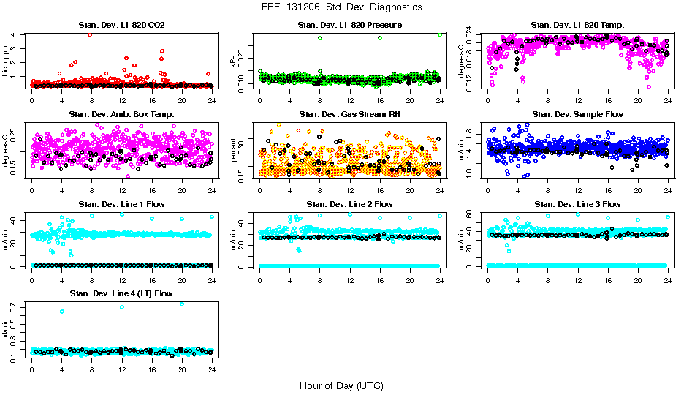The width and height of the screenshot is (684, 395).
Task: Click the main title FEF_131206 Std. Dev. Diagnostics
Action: coord(341,7)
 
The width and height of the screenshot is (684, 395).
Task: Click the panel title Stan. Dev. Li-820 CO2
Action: coord(121,26)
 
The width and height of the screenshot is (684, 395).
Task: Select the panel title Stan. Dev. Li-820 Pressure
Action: coord(350,26)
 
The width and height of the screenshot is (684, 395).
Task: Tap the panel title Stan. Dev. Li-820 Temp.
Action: coord(577,26)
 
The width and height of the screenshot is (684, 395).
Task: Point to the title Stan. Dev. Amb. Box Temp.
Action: coord(121,115)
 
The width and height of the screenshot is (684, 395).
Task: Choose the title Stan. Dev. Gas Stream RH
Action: coord(350,115)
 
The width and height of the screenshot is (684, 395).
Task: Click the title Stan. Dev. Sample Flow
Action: coord(577,115)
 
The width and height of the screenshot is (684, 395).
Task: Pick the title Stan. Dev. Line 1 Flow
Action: coord(121,204)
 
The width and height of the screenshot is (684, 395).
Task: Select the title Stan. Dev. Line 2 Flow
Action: coord(350,204)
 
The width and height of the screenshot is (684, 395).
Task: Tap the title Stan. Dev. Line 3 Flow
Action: coord(577,204)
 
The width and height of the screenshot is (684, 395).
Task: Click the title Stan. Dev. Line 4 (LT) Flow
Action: coord(121,293)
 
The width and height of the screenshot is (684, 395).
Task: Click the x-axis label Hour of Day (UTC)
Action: coord(341,385)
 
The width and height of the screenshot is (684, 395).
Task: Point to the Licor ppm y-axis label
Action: coord(7,60)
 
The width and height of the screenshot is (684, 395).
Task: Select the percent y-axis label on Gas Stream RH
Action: coord(235,150)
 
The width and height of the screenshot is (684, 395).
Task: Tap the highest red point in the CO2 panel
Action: coord(89,34)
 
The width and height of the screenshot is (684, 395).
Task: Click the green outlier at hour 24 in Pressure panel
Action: coord(440,34)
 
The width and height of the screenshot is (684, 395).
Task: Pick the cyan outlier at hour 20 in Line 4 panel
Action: coord(182,304)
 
